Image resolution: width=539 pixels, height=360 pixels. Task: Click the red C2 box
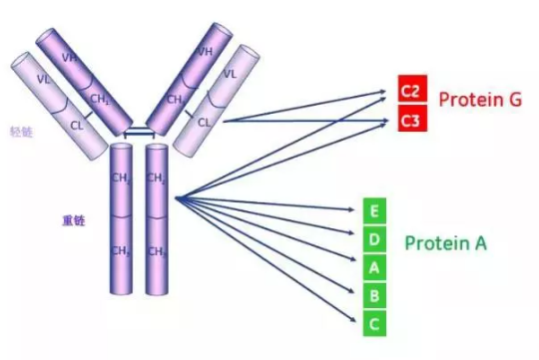coord(410,92)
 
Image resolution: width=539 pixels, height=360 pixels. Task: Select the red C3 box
coord(410,121)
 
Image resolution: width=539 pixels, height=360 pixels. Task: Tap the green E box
coord(373,210)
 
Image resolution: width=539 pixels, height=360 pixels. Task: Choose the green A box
coord(373,266)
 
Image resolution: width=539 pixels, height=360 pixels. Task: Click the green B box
coord(373,294)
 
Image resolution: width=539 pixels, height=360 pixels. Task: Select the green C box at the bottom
coord(373,322)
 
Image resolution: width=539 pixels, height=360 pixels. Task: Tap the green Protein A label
coord(445,242)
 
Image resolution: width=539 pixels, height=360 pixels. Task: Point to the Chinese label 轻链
coord(21,131)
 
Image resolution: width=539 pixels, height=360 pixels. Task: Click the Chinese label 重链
coord(73,219)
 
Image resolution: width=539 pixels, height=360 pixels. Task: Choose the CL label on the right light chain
coord(204,122)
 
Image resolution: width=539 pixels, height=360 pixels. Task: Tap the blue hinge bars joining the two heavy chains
coord(138,133)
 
